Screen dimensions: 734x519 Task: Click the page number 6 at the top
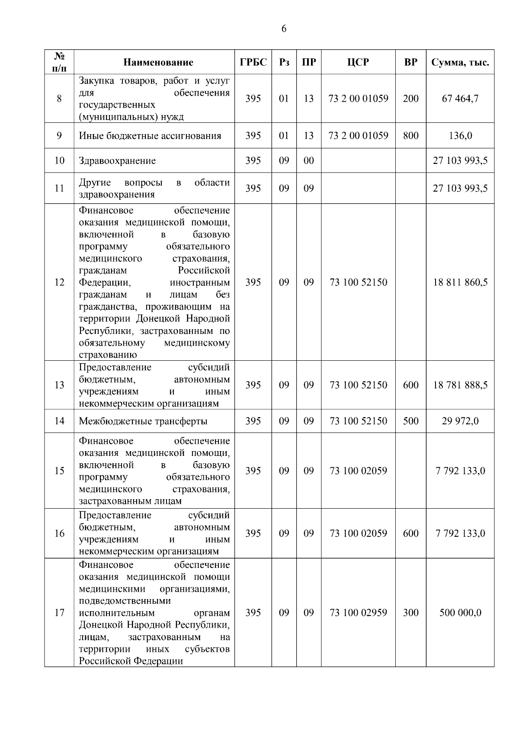click(284, 29)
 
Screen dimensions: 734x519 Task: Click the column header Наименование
click(158, 62)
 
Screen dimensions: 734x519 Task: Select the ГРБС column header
click(253, 62)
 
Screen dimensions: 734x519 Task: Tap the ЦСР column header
click(358, 62)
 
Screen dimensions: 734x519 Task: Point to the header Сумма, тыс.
click(460, 62)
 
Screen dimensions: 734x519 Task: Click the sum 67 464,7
click(460, 99)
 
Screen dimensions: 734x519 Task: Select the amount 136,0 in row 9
click(460, 136)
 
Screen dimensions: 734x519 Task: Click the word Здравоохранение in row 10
click(117, 161)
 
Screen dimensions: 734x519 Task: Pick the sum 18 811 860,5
click(460, 282)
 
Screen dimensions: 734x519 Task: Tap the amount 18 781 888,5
click(460, 385)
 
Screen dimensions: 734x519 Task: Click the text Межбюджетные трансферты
click(143, 421)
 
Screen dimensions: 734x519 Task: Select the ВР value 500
click(410, 421)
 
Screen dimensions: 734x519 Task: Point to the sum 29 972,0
click(460, 421)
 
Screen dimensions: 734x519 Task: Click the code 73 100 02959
click(358, 612)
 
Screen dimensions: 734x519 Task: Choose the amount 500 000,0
click(460, 612)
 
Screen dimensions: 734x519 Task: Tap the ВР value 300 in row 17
click(410, 612)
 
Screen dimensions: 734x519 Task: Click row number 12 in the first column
click(59, 282)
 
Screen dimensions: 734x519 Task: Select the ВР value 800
click(410, 135)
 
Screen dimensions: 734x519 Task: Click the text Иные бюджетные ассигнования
click(150, 136)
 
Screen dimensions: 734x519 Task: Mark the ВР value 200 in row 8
click(410, 99)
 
